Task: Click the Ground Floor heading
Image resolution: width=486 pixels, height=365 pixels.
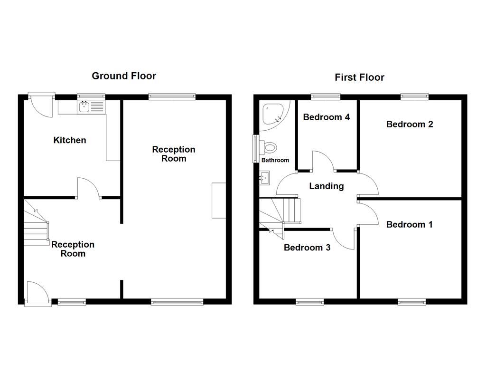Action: click(x=124, y=76)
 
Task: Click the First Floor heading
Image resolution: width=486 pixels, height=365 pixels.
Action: click(x=359, y=77)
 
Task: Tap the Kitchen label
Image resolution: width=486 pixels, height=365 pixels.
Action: click(x=70, y=140)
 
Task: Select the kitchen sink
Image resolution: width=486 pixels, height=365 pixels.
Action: click(x=84, y=107)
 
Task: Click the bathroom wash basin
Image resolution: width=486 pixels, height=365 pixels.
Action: click(x=264, y=179)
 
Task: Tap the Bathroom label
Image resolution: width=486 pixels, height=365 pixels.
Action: click(x=275, y=160)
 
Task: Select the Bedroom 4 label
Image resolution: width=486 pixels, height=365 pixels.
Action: click(x=327, y=117)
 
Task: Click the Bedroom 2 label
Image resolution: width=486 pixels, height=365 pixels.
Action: click(x=409, y=125)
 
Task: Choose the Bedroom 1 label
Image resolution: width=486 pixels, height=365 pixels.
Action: click(x=409, y=225)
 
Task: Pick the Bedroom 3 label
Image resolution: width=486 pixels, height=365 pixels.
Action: click(x=307, y=248)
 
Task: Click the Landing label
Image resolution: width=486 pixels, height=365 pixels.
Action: click(x=327, y=186)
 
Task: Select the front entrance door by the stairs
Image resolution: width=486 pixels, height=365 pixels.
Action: click(x=38, y=294)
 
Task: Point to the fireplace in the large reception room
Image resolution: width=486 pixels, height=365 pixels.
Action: click(x=219, y=200)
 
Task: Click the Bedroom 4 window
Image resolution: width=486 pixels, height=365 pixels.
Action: click(x=326, y=97)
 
